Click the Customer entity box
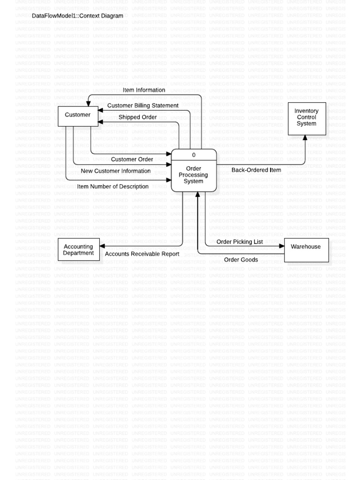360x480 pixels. click(x=78, y=116)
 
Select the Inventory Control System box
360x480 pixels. click(x=307, y=118)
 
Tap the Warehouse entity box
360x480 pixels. click(x=306, y=249)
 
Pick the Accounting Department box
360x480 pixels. click(x=78, y=250)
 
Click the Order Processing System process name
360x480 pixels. click(x=194, y=175)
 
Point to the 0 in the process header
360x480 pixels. click(x=194, y=155)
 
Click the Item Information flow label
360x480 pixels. click(x=144, y=90)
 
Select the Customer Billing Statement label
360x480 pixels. click(x=142, y=105)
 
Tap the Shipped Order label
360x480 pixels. click(x=137, y=117)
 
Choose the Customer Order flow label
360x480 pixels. click(x=132, y=159)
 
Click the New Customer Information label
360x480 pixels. click(x=116, y=171)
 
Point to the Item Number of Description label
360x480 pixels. click(x=113, y=187)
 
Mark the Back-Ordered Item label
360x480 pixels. click(x=256, y=170)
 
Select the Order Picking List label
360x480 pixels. click(x=240, y=242)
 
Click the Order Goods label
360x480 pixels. click(x=241, y=260)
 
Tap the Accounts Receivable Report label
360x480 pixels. click(x=142, y=254)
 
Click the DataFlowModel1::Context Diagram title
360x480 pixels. click(x=77, y=16)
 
